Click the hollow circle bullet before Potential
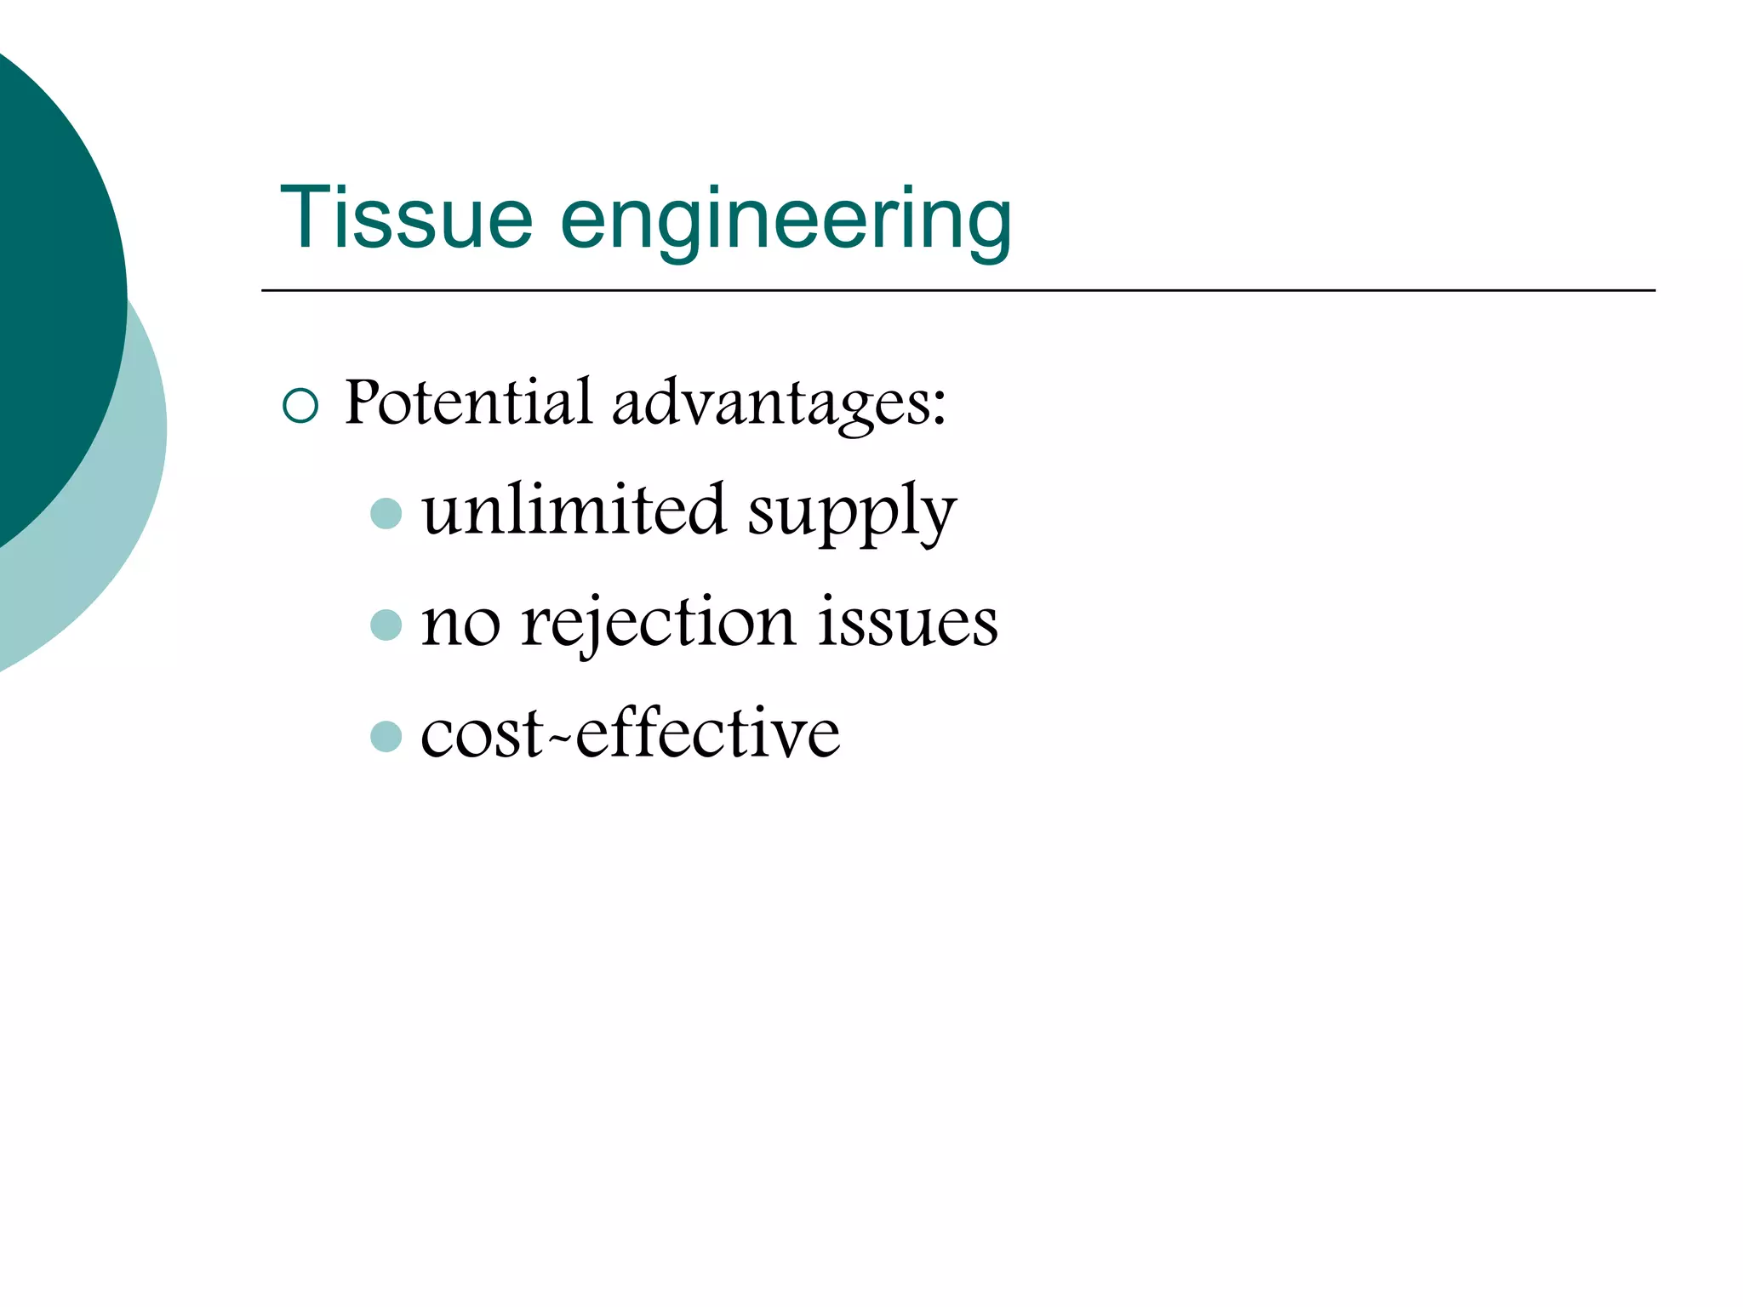[300, 406]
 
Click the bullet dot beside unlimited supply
[386, 513]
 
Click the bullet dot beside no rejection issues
[386, 625]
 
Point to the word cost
[482, 734]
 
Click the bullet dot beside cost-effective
[386, 736]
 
